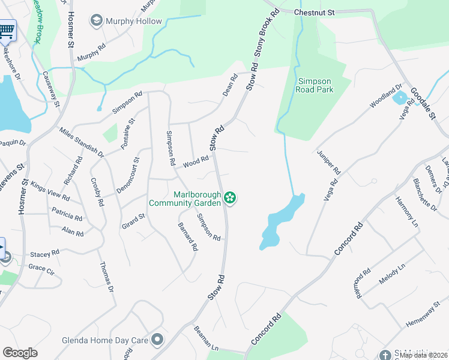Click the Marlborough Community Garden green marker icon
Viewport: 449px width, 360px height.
pyautogui.click(x=229, y=197)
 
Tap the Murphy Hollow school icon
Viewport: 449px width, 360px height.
pyautogui.click(x=96, y=22)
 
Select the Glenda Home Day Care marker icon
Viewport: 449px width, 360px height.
pyautogui.click(x=157, y=340)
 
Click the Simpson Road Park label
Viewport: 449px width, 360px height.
pyautogui.click(x=314, y=85)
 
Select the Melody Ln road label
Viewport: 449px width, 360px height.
pyautogui.click(x=393, y=273)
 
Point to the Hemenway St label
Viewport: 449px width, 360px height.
pyautogui.click(x=422, y=317)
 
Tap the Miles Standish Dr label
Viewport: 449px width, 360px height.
pyautogui.click(x=82, y=142)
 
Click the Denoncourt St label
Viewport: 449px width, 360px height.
pyautogui.click(x=127, y=175)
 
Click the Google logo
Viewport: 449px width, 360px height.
pyautogui.click(x=20, y=353)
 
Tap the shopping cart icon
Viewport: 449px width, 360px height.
pyautogui.click(x=6, y=29)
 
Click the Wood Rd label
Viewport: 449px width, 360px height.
pyautogui.click(x=196, y=161)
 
